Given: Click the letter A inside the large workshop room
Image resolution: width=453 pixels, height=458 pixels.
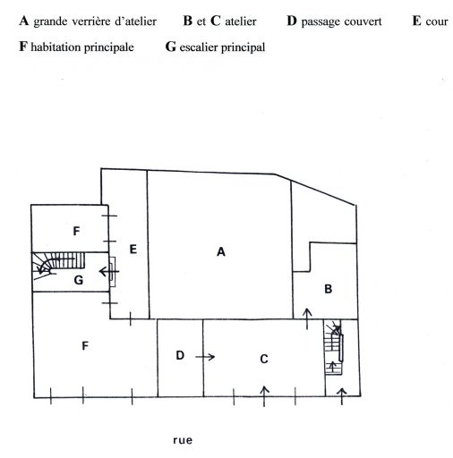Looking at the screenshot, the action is pyautogui.click(x=221, y=252).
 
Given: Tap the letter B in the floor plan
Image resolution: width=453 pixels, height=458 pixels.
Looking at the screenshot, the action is pyautogui.click(x=329, y=289).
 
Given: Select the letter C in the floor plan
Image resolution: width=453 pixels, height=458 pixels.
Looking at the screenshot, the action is pyautogui.click(x=264, y=359).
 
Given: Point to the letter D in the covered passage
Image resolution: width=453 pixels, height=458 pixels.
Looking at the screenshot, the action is pyautogui.click(x=180, y=355).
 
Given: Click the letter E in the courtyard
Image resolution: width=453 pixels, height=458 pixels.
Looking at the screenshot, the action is pyautogui.click(x=133, y=249).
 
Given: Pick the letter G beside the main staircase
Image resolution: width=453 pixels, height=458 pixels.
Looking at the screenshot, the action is pyautogui.click(x=79, y=280).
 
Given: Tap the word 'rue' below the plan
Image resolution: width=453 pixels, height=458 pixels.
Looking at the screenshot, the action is pyautogui.click(x=183, y=440).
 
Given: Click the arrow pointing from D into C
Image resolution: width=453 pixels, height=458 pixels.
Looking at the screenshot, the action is pyautogui.click(x=205, y=357).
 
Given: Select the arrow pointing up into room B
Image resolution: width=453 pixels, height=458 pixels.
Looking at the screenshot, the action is pyautogui.click(x=307, y=319).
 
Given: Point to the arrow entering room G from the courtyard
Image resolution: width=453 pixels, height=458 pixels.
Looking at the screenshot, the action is pyautogui.click(x=109, y=272).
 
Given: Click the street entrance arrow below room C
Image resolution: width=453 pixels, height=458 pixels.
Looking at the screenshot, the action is pyautogui.click(x=264, y=396).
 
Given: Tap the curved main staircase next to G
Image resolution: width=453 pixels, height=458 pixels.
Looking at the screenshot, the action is pyautogui.click(x=58, y=265).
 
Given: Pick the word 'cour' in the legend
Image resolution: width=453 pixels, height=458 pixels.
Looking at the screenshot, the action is pyautogui.click(x=437, y=21).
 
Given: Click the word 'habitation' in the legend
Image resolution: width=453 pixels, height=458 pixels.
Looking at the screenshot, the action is pyautogui.click(x=56, y=47).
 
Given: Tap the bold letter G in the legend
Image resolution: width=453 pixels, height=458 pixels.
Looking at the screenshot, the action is pyautogui.click(x=171, y=47).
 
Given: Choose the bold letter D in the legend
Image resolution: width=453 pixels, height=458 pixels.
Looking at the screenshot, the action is pyautogui.click(x=292, y=21).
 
